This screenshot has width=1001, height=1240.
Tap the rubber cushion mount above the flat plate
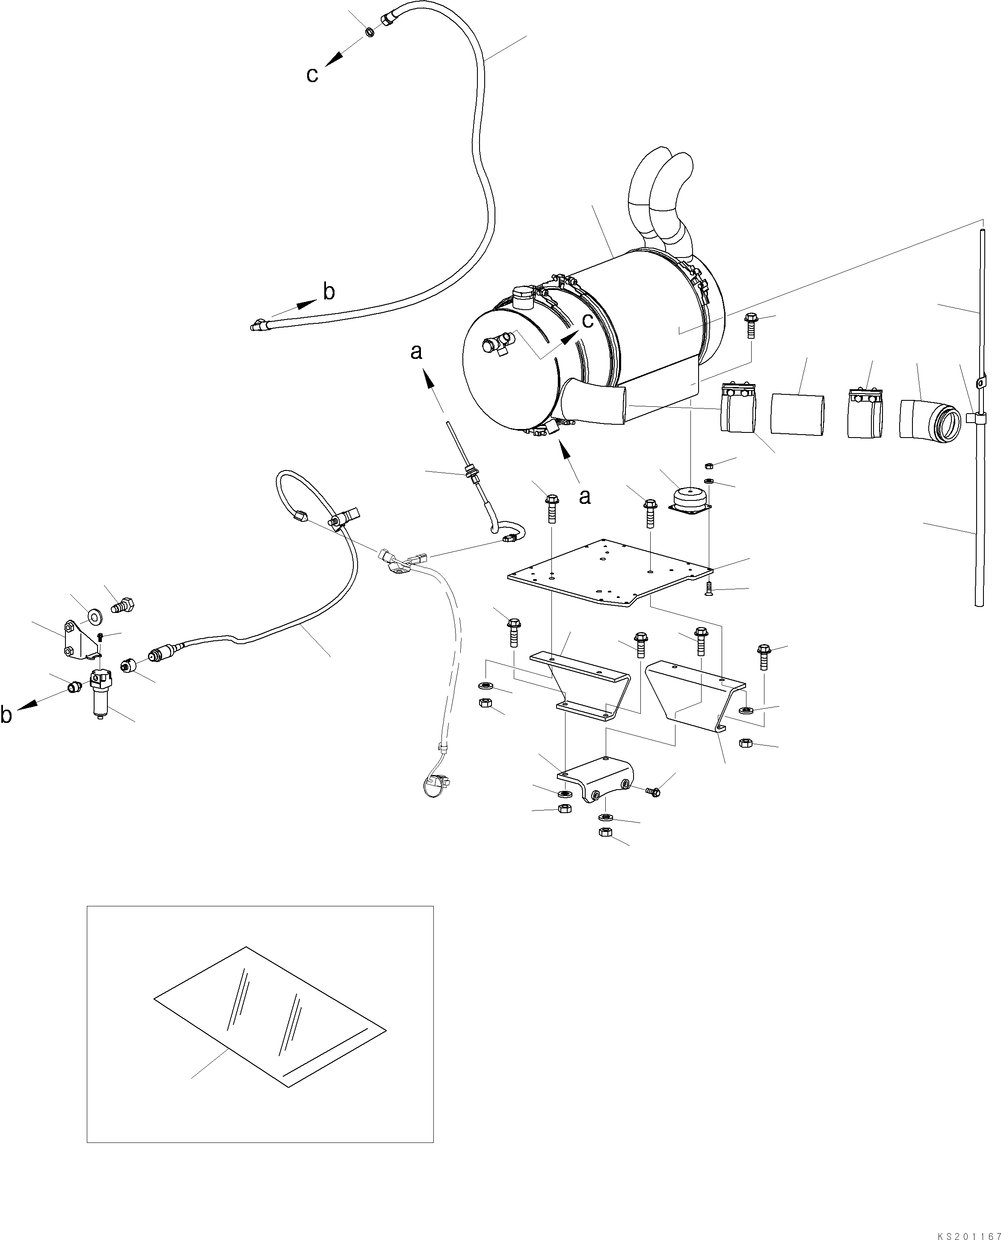[x=689, y=499]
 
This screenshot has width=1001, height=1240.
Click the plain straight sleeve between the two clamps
[x=797, y=413]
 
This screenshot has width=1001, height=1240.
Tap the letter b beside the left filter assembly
[x=7, y=715]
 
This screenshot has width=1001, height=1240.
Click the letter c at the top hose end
[x=312, y=75]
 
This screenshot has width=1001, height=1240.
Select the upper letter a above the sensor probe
[x=416, y=352]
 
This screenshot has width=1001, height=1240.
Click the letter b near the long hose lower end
[x=328, y=292]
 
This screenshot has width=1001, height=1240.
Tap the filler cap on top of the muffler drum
[x=523, y=296]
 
